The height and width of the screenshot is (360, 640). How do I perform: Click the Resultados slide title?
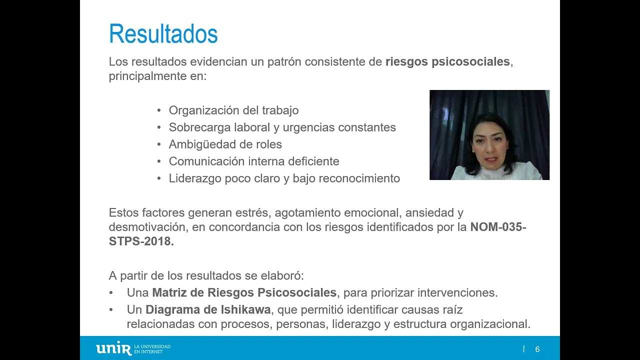(x=163, y=34)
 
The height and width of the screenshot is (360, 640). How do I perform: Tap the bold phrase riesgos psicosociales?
(x=447, y=62)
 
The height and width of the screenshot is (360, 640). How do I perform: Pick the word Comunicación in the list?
(x=206, y=161)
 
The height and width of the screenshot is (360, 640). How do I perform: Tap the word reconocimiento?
(x=359, y=178)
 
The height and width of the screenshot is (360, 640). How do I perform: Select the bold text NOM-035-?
(x=498, y=227)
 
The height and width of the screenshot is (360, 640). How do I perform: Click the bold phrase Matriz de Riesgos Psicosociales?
(x=244, y=293)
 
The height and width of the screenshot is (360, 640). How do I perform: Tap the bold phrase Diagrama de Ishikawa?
(x=208, y=310)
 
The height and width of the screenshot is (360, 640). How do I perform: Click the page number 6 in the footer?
(x=537, y=349)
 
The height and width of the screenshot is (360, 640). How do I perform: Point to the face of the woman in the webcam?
(x=489, y=145)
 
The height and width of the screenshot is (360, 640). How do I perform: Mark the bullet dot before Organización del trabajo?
(x=159, y=110)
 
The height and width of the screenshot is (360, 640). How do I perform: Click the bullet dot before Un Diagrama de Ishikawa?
(x=111, y=310)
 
